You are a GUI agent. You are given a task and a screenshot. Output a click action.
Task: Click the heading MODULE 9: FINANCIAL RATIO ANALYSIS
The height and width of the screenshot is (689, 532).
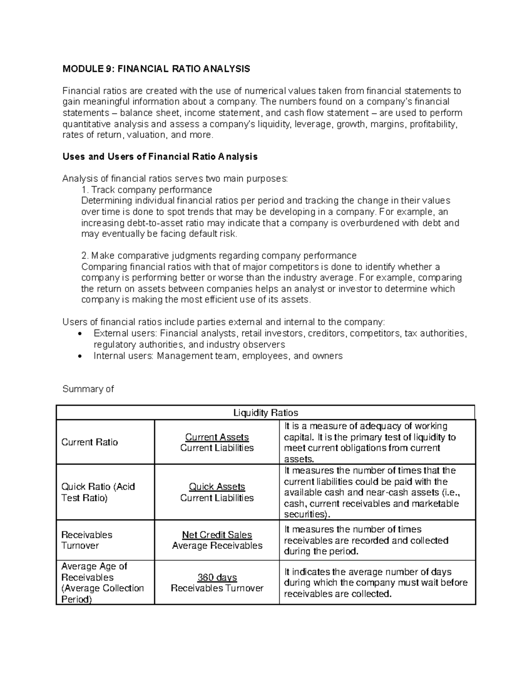[156, 69]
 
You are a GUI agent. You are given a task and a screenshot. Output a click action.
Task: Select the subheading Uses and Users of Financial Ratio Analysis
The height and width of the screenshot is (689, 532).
[160, 157]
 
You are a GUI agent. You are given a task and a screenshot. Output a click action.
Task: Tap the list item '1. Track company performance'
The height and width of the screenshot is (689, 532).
[147, 190]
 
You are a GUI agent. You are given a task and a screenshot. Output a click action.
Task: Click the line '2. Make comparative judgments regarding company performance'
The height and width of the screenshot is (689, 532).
[219, 256]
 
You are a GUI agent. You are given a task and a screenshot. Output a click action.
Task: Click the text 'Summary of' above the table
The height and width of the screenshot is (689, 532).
[88, 389]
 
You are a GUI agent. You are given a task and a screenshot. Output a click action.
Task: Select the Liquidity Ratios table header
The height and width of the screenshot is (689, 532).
[266, 413]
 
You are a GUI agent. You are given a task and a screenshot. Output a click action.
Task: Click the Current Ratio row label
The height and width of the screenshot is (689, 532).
[90, 442]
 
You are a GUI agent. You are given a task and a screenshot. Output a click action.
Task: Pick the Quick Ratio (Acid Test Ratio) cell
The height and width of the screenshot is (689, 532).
[98, 492]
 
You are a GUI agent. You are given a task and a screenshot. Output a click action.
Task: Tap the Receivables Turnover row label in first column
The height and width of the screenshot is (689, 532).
[86, 540]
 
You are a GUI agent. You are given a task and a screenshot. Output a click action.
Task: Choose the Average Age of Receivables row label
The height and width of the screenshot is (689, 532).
[102, 583]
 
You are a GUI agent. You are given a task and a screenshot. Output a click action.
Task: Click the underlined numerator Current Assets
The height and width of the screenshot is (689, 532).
[217, 437]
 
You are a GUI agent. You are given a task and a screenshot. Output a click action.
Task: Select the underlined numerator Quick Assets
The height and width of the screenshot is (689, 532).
[217, 487]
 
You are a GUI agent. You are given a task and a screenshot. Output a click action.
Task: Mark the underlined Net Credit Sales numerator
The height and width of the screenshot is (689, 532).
[217, 535]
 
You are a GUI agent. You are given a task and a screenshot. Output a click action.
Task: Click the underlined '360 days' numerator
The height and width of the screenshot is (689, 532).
[217, 577]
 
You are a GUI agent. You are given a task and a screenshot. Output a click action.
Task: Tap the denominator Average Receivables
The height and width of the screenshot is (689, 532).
[217, 546]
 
